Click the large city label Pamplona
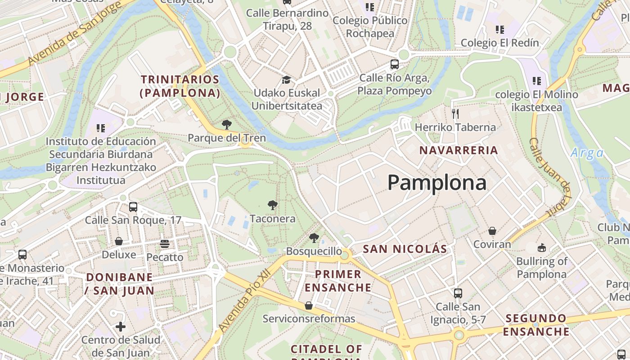[x=436, y=183]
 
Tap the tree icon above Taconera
[x=272, y=205]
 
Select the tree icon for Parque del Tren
[x=226, y=124]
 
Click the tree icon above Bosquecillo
[x=314, y=238]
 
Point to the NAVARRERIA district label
[x=459, y=150]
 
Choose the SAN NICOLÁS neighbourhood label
[x=405, y=249]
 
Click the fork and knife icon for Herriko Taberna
[x=455, y=113]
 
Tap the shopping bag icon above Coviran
[x=492, y=231]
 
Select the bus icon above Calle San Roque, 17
[x=133, y=207]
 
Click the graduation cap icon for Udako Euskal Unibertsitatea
[x=286, y=80]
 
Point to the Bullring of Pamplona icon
[x=541, y=247]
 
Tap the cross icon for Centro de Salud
[x=120, y=326]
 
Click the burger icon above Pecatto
[x=164, y=244]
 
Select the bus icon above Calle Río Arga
[x=394, y=64]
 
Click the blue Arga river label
[x=587, y=153]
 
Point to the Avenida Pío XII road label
[x=243, y=299]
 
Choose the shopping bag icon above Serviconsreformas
[x=308, y=306]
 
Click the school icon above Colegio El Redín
[x=499, y=30]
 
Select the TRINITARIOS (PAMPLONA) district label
[x=180, y=86]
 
